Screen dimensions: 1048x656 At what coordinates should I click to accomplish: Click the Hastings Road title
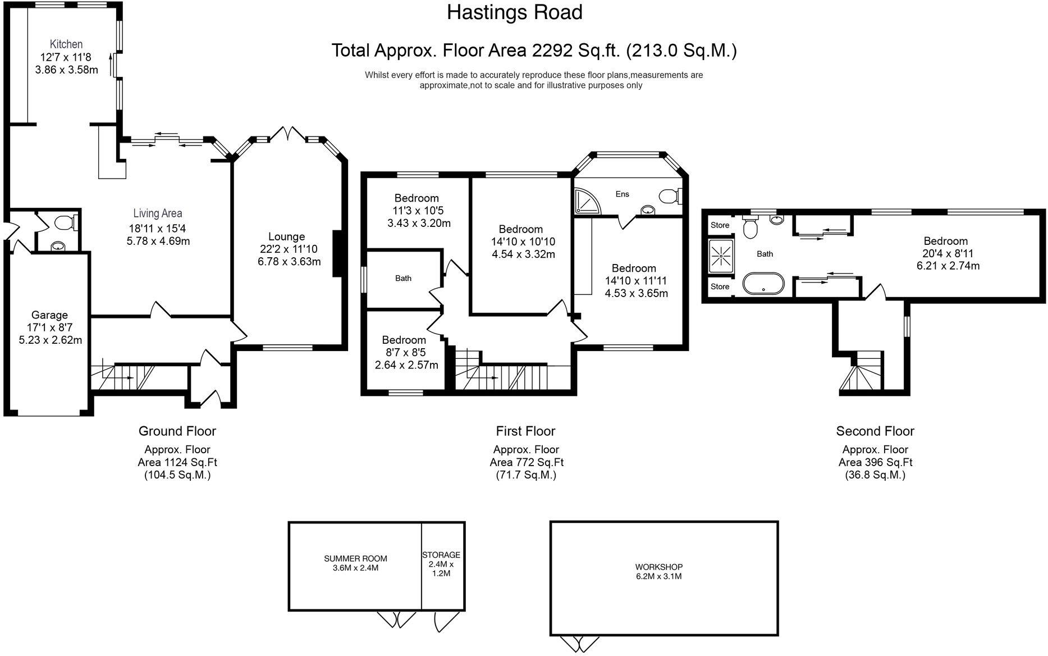[x=514, y=12]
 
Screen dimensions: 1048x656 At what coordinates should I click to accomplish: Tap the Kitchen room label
[x=66, y=44]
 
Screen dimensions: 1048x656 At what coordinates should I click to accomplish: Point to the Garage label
[x=49, y=315]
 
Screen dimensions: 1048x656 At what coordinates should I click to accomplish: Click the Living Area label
[x=158, y=213]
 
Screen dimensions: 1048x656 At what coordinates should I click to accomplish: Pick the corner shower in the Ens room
[x=587, y=201]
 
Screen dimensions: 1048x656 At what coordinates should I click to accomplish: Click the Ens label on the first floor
[x=622, y=194]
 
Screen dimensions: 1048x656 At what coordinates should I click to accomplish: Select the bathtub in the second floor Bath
[x=763, y=283]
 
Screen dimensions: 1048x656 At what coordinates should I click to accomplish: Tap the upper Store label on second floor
[x=720, y=225]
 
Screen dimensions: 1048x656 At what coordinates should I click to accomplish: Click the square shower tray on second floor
[x=720, y=256]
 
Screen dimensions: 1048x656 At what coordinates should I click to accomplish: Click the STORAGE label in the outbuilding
[x=441, y=555]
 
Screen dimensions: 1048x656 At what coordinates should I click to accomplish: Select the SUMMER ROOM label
[x=355, y=558]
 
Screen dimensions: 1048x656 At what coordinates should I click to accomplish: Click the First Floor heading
[x=525, y=431]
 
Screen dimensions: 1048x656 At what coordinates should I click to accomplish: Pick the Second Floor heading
[x=875, y=431]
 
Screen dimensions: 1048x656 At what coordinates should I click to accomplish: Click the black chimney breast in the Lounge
[x=337, y=253]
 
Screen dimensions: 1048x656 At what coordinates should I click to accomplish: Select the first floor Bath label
[x=403, y=278]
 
